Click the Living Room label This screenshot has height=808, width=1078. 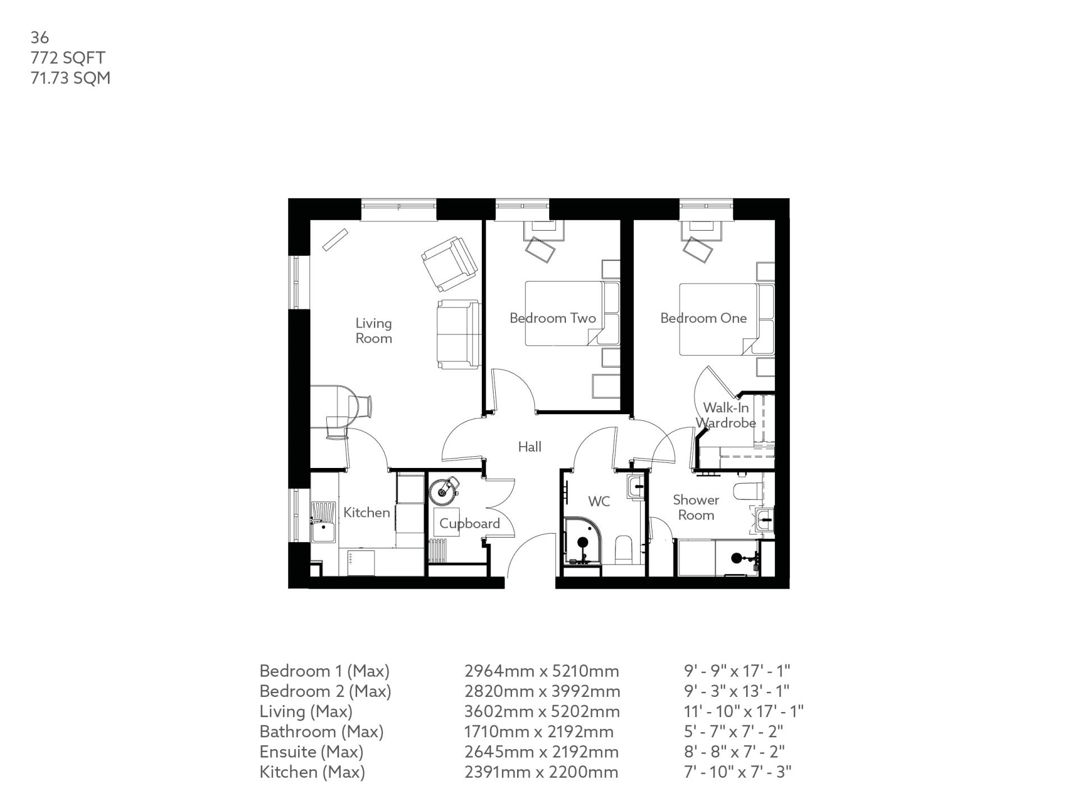point(373,330)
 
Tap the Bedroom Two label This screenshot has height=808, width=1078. point(552,318)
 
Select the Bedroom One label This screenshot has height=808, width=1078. point(703,318)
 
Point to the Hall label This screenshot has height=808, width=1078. point(529,447)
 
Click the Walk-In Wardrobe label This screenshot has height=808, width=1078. point(725,415)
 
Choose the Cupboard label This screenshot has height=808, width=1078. point(469,524)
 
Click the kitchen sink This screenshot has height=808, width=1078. point(323,522)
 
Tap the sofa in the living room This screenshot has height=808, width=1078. point(458,334)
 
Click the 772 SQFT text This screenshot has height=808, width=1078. point(68,57)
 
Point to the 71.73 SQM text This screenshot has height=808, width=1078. point(70,77)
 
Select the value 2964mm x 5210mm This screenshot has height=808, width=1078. point(541,671)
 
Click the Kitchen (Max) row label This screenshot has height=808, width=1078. point(312,772)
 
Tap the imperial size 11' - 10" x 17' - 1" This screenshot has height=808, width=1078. point(743,711)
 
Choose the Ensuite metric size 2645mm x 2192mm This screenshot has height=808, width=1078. point(541,751)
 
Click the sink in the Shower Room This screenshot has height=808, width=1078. point(765,519)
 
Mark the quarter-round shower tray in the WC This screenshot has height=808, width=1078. point(581,541)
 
